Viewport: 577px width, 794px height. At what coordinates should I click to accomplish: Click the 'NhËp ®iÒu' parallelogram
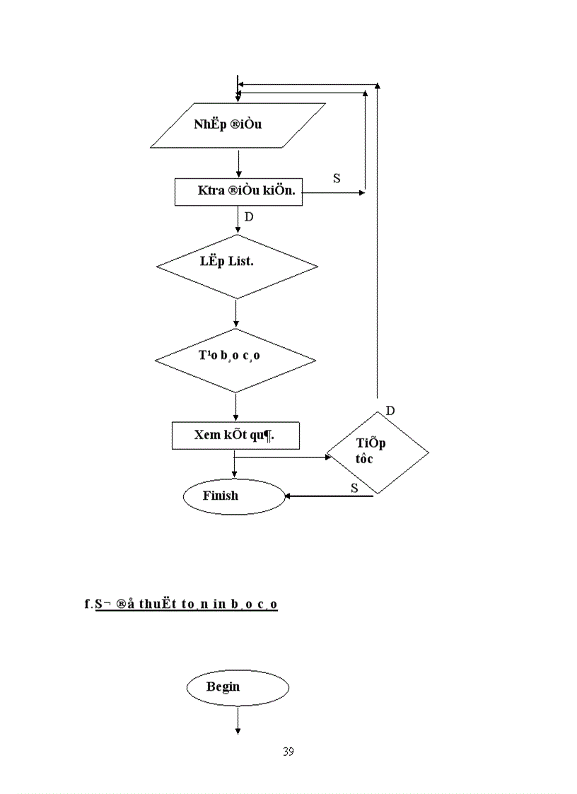pos(238,125)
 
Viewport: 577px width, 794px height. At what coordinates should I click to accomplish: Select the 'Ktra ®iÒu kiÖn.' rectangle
pos(238,191)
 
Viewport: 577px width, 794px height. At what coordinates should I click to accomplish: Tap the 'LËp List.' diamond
pos(237,267)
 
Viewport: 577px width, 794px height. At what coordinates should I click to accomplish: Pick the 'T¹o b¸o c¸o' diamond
pos(235,360)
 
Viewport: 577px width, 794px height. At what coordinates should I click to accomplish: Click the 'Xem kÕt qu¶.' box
pos(235,436)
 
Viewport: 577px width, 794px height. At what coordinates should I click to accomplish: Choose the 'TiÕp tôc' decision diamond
pos(376,453)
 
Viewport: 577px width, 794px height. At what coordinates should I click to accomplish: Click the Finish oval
pos(233,496)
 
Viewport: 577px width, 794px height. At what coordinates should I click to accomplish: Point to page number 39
pos(288,752)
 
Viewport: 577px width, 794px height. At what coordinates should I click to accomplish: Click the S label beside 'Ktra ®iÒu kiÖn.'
pos(337,179)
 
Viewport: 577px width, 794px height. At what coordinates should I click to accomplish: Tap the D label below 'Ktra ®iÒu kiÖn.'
pos(248,217)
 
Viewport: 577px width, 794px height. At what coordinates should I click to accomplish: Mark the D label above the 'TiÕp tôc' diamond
pos(390,411)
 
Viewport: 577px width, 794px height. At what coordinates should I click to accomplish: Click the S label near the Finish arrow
pos(354,488)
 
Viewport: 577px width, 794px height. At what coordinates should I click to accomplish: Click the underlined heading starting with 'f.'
pos(181,605)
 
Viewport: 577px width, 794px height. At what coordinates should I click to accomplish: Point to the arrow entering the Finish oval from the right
pos(328,496)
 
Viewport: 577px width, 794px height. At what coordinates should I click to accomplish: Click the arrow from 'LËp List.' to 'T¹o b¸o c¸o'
pos(235,313)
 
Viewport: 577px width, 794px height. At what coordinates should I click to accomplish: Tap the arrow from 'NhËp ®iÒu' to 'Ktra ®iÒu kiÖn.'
pos(239,163)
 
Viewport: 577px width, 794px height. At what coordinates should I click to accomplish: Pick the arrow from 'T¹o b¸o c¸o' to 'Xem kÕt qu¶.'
pos(235,407)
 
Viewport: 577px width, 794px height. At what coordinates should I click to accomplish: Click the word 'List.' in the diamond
pos(241,262)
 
